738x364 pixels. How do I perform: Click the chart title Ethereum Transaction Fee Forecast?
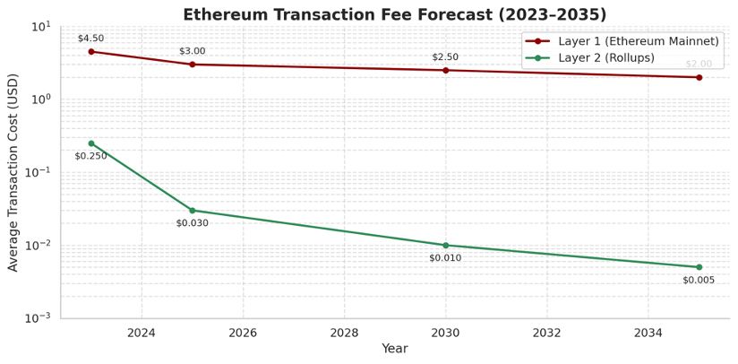coord(394,14)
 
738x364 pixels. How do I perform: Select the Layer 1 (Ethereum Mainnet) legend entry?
coord(637,41)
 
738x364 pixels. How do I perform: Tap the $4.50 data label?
coord(90,39)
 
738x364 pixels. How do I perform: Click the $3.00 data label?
coord(192,51)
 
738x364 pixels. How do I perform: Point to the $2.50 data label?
coord(445,57)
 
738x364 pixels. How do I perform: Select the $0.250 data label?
coord(90,156)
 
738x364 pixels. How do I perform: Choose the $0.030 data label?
coord(192,223)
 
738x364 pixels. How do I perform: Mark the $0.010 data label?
coord(445,258)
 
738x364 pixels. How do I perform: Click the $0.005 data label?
coord(699,280)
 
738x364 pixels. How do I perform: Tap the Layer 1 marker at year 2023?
coord(91,51)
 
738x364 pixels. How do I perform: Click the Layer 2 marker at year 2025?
coord(193,211)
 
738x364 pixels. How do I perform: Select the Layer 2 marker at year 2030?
coord(445,245)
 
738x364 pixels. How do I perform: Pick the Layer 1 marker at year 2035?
coord(699,77)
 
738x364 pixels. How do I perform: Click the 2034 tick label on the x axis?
coord(648,333)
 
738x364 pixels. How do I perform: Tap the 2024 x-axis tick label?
coord(142,333)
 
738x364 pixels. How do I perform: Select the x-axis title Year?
coord(394,349)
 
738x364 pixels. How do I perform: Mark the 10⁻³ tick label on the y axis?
coord(39,318)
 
